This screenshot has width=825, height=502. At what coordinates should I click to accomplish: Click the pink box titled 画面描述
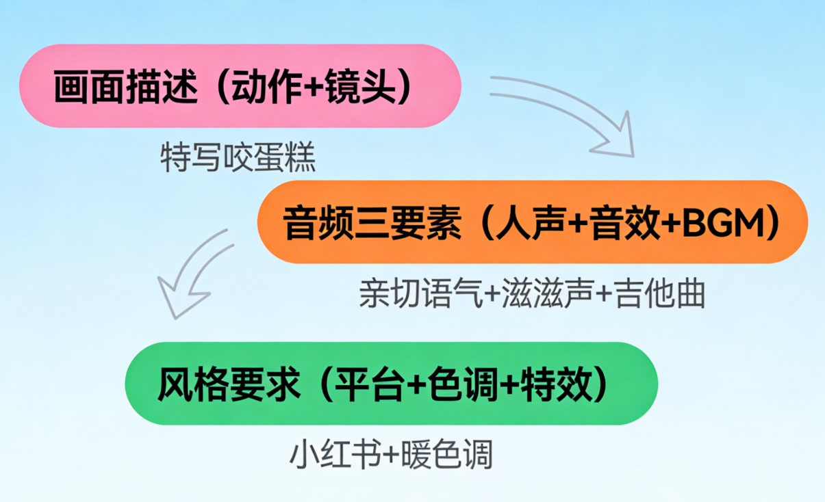[x=240, y=86]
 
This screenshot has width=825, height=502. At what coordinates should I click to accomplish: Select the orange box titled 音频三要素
[x=532, y=222]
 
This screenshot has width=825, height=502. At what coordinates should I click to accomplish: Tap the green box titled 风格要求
[x=390, y=384]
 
